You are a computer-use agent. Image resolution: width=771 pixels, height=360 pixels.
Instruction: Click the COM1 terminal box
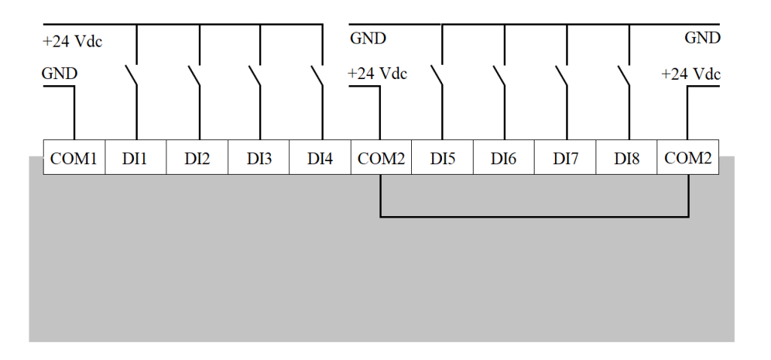pos(75,157)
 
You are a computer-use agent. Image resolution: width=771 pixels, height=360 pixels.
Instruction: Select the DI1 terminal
pos(136,157)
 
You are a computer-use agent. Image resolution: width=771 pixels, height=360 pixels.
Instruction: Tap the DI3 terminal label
pos(259,159)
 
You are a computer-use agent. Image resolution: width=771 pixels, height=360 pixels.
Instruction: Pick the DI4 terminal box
pos(320,157)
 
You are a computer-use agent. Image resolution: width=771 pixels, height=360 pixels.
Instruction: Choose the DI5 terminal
pos(443,157)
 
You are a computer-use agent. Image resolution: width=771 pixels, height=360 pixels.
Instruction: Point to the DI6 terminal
pos(504,157)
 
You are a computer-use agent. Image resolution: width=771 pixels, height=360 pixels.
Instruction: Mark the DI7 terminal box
pos(565,157)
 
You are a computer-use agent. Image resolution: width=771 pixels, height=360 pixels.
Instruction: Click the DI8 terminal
pos(626,157)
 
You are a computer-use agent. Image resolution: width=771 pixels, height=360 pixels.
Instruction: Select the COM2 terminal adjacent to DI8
pos(688,157)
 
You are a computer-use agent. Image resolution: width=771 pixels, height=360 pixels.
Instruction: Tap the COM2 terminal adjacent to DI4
pos(381,157)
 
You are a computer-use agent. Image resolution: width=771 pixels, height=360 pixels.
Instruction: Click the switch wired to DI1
pos(131,75)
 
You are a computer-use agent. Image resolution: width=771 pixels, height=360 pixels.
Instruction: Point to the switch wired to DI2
pos(194,75)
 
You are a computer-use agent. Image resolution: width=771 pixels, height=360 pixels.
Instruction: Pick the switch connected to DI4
pos(317,75)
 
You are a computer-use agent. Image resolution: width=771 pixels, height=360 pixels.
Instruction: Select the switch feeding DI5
pos(437,75)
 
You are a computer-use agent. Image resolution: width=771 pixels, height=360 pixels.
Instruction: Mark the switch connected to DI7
pos(562,75)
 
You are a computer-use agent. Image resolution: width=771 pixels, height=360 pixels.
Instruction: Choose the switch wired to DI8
pos(624,75)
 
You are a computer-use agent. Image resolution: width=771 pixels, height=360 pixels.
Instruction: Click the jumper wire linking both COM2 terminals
pos(535,216)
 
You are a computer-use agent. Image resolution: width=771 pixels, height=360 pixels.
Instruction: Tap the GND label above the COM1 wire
pos(59,74)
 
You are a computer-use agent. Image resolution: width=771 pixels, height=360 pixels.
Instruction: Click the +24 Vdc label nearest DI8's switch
pos(690,75)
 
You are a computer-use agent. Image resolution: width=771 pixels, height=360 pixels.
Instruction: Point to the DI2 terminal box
pos(197,157)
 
